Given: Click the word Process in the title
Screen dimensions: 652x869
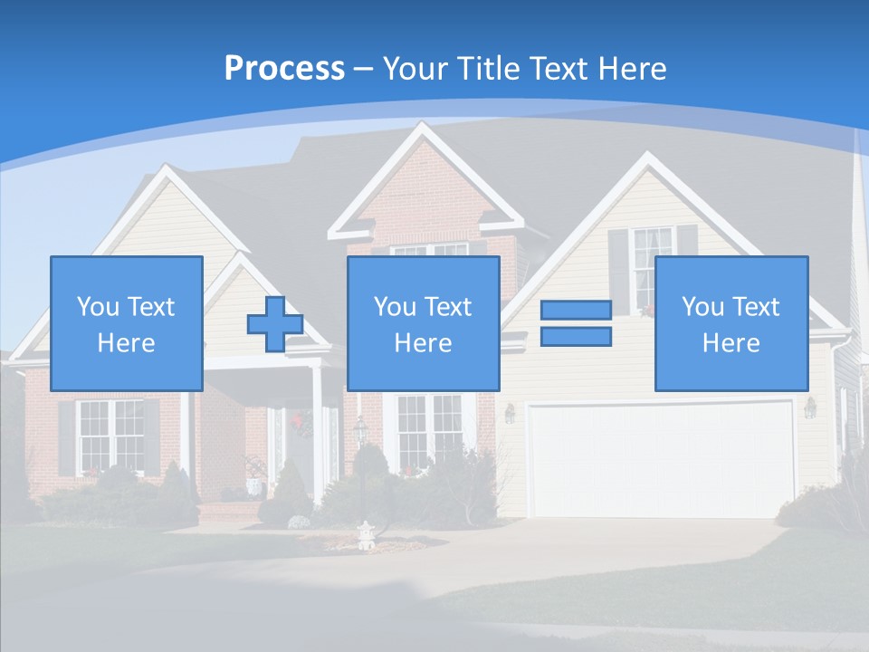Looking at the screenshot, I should (284, 69).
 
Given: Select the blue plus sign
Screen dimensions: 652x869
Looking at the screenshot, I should (275, 324).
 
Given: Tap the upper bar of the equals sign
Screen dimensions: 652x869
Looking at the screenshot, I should (576, 310).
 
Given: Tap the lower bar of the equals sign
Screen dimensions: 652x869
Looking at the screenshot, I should (576, 337).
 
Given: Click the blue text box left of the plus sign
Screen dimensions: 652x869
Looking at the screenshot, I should (127, 324).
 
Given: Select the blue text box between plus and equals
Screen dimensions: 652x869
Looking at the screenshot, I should (424, 324).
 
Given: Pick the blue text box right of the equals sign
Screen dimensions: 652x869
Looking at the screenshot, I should (731, 324).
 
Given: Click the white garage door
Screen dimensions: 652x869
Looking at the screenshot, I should (661, 460).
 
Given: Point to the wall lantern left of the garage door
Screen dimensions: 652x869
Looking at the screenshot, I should (510, 413).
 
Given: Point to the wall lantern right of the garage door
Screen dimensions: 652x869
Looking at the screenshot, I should (809, 407).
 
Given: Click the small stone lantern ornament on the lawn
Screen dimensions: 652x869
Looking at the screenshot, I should (367, 535).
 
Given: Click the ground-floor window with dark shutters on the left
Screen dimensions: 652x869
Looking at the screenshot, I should (110, 436).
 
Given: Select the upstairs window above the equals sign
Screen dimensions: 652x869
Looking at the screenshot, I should (651, 268).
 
